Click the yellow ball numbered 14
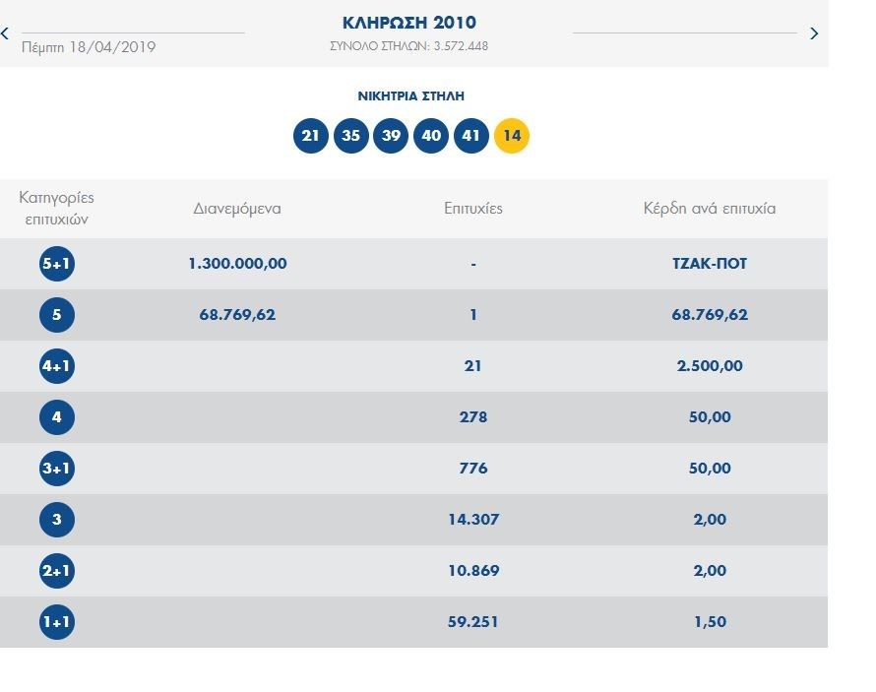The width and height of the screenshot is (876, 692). point(511,136)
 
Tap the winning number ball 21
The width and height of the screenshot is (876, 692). point(311,136)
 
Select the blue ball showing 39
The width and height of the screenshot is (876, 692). point(391,136)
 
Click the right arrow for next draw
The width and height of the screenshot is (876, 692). point(814,33)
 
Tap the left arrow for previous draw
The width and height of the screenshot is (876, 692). point(6,33)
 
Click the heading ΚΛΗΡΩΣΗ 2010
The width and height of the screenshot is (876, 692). point(409,23)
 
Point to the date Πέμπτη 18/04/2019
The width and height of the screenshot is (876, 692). point(89,46)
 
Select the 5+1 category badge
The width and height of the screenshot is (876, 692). point(57,264)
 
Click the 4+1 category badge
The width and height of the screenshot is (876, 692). point(57,366)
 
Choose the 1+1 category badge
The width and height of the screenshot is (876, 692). point(57,622)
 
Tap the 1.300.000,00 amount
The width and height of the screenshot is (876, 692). point(237,264)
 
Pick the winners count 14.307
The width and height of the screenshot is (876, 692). point(473,520)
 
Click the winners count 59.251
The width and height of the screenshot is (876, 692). point(473,622)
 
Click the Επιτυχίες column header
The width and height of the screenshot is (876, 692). point(473,209)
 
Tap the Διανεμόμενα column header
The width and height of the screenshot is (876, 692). point(237,209)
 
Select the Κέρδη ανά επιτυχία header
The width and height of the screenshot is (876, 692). point(709,209)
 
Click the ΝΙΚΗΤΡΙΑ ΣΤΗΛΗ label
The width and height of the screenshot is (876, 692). point(410,96)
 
